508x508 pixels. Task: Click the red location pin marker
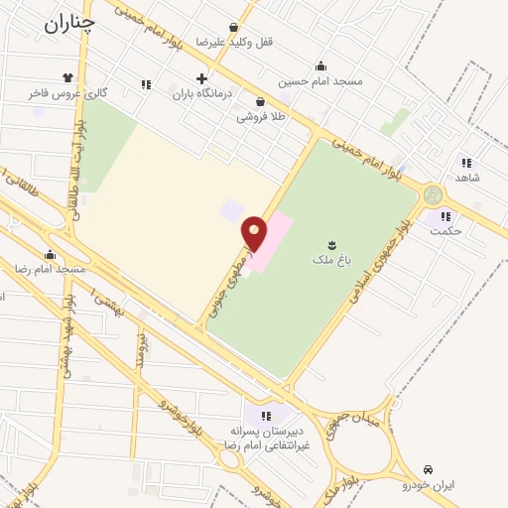[254, 233]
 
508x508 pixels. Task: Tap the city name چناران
[69, 23]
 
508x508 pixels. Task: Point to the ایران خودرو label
[427, 485]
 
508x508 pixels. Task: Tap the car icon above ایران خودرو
[428, 467]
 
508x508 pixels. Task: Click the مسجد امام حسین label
[320, 81]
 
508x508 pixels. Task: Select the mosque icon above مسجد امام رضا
[50, 254]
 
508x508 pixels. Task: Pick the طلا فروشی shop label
[259, 117]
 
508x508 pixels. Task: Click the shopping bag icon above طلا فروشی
[260, 100]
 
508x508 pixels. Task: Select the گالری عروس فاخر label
[67, 93]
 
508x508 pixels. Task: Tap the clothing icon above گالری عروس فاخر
[67, 76]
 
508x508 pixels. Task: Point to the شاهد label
[466, 177]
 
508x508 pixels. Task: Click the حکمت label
[448, 231]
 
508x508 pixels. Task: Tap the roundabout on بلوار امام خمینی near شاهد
[433, 194]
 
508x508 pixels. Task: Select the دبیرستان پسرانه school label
[266, 433]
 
